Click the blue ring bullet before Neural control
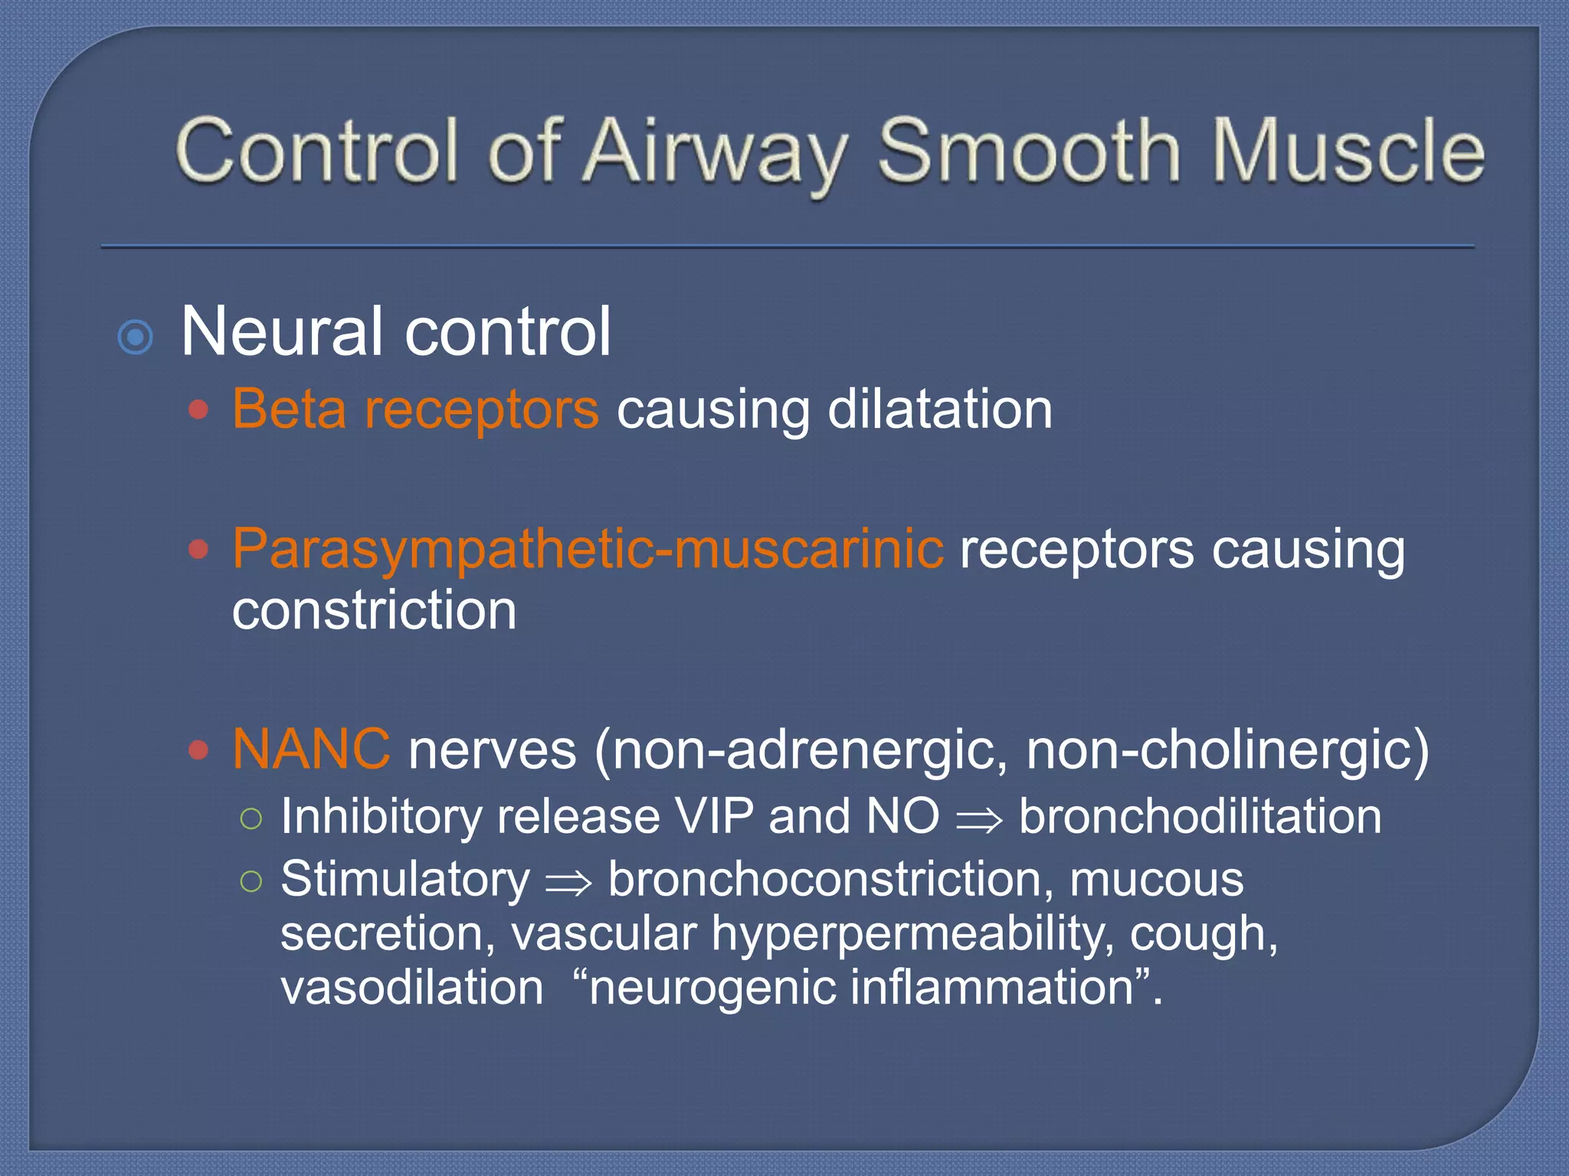[x=136, y=336]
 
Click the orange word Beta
[x=289, y=409]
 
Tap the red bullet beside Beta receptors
[x=198, y=410]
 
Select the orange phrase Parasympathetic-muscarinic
[x=588, y=549]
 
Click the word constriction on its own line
[x=374, y=610]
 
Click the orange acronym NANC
[x=311, y=749]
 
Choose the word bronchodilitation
[x=1200, y=816]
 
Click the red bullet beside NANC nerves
[x=198, y=750]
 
